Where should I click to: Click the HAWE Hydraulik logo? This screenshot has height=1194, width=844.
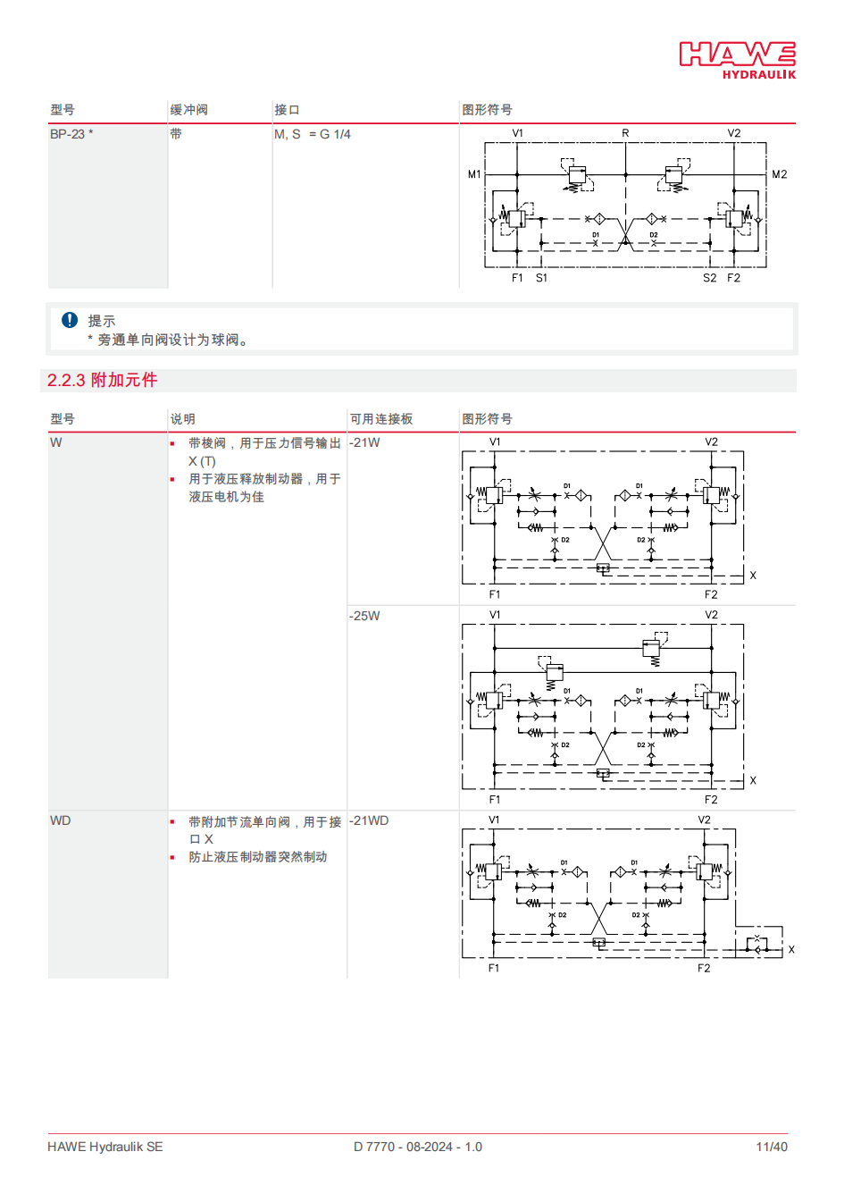click(738, 60)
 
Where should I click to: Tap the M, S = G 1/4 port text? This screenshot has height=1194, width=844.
click(313, 134)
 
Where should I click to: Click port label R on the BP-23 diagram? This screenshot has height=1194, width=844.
click(625, 133)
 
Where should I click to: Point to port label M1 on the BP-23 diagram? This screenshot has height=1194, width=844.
click(474, 174)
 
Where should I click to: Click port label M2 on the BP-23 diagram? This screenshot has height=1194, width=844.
click(779, 174)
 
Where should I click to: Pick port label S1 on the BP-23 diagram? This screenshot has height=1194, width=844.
click(541, 278)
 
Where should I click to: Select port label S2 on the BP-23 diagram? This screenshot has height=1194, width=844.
click(709, 278)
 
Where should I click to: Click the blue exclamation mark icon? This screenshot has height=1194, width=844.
click(70, 320)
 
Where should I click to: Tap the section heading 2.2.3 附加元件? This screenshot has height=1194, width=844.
click(103, 380)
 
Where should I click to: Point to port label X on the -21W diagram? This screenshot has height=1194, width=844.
click(753, 576)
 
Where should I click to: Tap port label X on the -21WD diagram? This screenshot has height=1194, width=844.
click(791, 950)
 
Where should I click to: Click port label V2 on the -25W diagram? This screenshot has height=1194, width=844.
click(711, 615)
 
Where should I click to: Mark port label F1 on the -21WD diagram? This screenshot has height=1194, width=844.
click(494, 968)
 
